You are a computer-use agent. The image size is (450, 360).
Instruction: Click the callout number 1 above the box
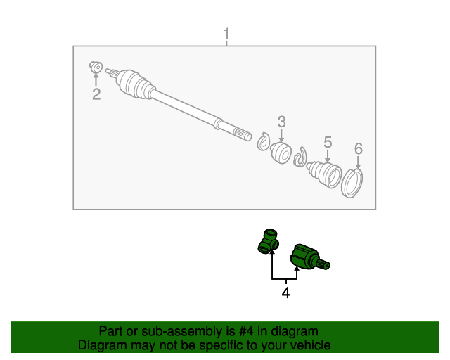pyautogui.click(x=226, y=34)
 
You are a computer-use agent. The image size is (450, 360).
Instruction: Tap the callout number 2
pyautogui.click(x=96, y=94)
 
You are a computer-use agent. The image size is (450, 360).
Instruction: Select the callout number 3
pyautogui.click(x=281, y=122)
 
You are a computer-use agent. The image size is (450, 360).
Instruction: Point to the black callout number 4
pyautogui.click(x=286, y=292)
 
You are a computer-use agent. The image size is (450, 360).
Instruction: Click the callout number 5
pyautogui.click(x=328, y=143)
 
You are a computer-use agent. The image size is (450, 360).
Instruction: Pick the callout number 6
pyautogui.click(x=359, y=148)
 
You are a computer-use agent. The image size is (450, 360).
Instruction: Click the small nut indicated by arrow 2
pyautogui.click(x=96, y=67)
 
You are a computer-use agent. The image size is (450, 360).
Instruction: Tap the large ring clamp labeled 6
pyautogui.click(x=352, y=183)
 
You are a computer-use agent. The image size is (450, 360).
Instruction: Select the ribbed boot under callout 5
pyautogui.click(x=324, y=174)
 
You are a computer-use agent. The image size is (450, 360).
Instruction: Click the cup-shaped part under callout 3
pyautogui.click(x=281, y=153)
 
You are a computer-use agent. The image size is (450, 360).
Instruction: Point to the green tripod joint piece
pyautogui.click(x=269, y=241)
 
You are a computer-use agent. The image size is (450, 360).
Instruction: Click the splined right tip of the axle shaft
pyautogui.click(x=243, y=134)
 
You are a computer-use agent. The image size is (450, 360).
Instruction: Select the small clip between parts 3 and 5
pyautogui.click(x=300, y=157)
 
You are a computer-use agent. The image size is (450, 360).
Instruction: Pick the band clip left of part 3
pyautogui.click(x=264, y=141)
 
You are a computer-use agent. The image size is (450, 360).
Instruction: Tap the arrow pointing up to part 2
pyautogui.click(x=96, y=79)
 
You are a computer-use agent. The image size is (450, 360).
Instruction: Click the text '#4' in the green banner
pyautogui.click(x=246, y=331)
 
